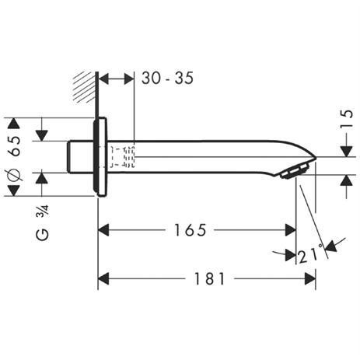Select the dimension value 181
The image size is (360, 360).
(x=209, y=278)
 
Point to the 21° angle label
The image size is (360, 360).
(x=310, y=253)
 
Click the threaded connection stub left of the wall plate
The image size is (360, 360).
(x=81, y=156)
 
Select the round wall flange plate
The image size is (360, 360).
(x=99, y=156)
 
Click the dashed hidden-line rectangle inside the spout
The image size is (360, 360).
(x=124, y=156)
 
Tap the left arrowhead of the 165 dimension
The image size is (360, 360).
(x=104, y=230)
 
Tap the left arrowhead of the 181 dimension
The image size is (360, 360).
(x=104, y=278)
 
